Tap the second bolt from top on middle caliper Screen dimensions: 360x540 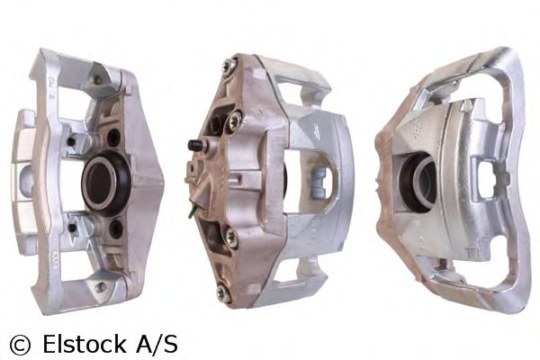point(235,116)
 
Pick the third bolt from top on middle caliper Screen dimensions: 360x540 point(232,238)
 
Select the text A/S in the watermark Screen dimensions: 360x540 point(156,343)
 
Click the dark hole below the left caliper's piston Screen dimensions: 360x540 point(115,229)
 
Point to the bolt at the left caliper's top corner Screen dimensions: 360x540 point(95,80)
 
